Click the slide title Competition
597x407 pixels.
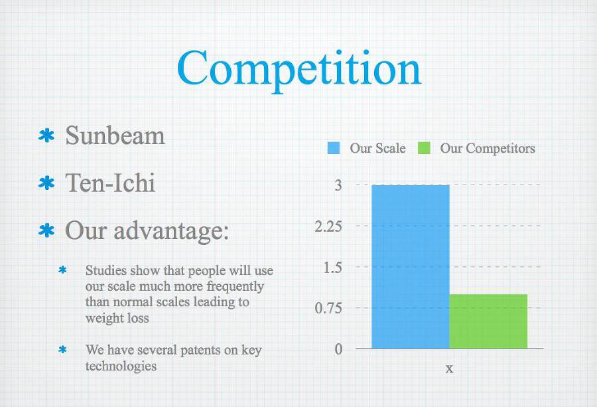pos(299,70)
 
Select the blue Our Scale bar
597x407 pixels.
pos(411,267)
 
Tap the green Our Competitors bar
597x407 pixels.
pos(488,321)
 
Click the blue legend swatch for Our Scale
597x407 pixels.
pos(334,148)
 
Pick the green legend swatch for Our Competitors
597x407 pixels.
pos(424,148)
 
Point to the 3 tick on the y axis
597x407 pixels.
pos(338,185)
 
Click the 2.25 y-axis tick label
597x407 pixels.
pos(328,226)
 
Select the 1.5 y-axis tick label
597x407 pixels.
pos(333,268)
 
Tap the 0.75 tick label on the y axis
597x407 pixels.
pos(328,308)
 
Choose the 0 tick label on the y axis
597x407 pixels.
pos(338,349)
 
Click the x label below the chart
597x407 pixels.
pos(449,368)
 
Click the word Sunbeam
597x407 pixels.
pos(115,135)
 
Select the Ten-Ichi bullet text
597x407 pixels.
pos(110,183)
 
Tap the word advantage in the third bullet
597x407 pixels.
pos(171,231)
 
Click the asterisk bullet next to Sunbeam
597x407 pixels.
pos(46,135)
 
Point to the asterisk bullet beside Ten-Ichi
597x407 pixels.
pos(46,183)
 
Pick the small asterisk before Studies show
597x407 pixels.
pos(63,270)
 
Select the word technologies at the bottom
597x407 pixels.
pos(121,366)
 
